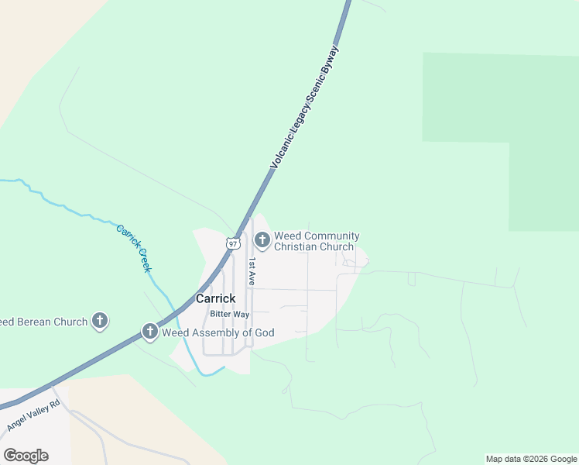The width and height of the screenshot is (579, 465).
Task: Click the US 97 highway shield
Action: (233, 243)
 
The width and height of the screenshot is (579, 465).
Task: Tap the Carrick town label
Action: (215, 298)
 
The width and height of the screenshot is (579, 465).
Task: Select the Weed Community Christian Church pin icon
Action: (262, 240)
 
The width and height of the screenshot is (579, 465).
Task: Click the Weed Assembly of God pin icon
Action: (149, 332)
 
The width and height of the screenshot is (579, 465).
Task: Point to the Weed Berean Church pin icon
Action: (99, 320)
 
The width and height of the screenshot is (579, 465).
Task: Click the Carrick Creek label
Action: (133, 247)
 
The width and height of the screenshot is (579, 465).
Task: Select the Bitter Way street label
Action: (230, 314)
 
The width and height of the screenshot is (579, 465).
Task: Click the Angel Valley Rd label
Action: (33, 416)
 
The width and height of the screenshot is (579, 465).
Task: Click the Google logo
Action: (26, 456)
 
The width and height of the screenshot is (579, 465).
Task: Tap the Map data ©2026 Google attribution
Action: (531, 459)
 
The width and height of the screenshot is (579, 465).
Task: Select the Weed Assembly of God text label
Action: (218, 333)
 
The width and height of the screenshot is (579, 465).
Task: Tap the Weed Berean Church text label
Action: (43, 322)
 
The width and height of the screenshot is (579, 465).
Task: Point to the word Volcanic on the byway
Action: (283, 146)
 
